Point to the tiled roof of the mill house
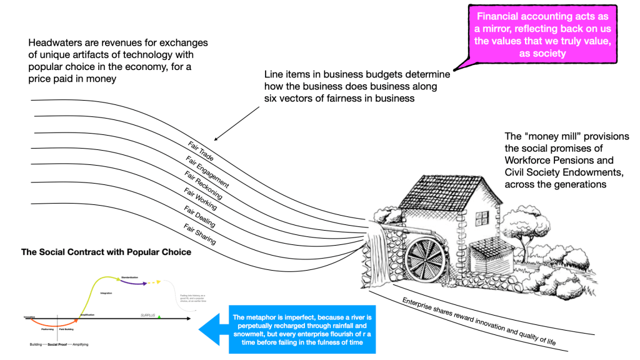(x=431, y=187)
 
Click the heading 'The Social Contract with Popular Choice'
(x=106, y=252)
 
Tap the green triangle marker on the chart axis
(x=159, y=317)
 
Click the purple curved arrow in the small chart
(x=134, y=281)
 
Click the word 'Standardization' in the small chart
(x=129, y=276)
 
